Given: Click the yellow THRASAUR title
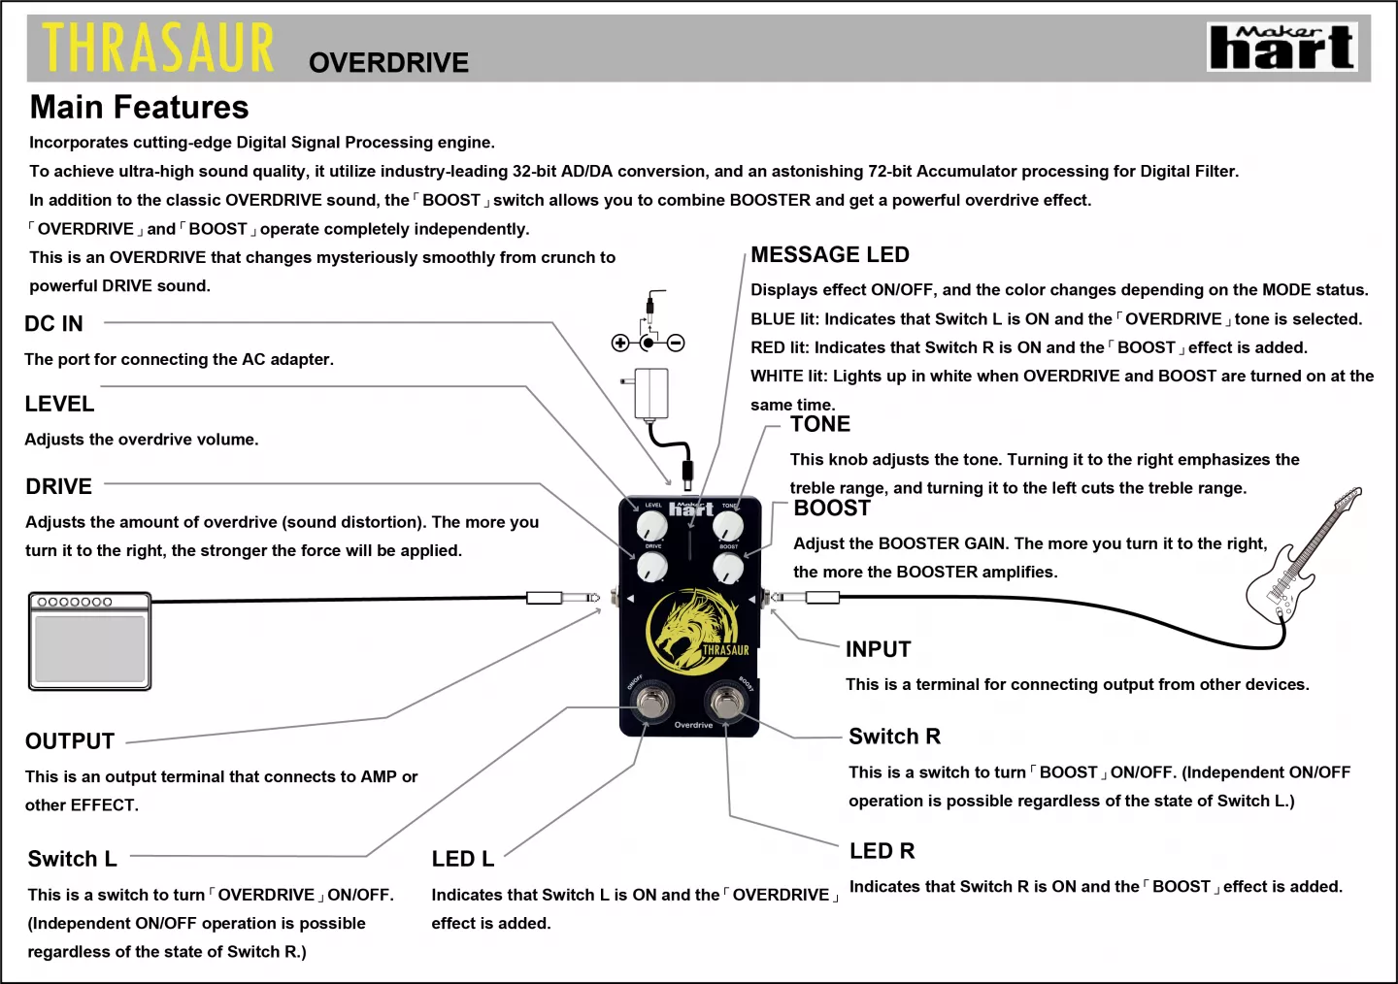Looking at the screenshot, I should pos(158,49).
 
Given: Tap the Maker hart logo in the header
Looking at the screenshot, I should pos(1281,48).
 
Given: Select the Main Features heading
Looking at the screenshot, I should pos(139,107).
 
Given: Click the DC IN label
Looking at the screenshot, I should pos(53,324).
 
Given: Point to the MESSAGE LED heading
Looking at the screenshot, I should pos(830,255).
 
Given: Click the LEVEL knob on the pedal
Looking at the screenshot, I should pos(651,526).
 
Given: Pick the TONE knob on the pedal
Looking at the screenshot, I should pos(728,526).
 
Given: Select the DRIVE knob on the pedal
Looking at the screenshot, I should pos(652,566).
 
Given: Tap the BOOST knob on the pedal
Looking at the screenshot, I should pos(728,567).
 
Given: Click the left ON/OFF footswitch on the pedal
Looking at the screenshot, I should pos(650,700).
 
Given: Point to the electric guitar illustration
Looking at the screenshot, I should pos(1301,563).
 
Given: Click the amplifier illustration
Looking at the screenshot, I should pos(89,641).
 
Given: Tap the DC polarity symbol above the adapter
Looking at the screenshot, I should pos(648,342).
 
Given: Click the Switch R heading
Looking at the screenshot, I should pos(894,737).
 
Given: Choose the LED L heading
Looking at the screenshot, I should pos(463,859).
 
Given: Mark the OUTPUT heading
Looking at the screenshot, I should pos(70,741).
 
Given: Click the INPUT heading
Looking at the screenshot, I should pos(878,649).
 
